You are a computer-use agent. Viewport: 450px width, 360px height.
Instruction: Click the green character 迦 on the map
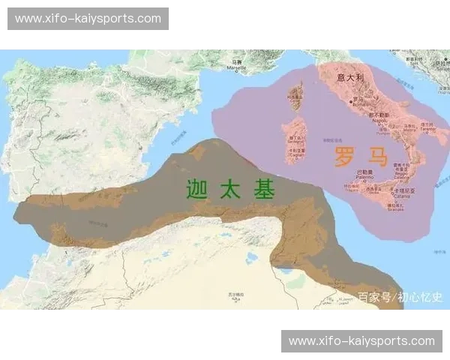coord(196,189)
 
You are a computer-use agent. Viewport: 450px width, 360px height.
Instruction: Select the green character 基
coord(263,189)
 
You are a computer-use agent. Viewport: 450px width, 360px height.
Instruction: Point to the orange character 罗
coord(344,157)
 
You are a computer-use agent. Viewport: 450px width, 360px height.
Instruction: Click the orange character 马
coord(376,157)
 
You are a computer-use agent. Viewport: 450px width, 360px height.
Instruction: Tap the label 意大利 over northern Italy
coord(350,77)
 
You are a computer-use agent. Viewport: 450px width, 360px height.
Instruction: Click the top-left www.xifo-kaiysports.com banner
coord(88,19)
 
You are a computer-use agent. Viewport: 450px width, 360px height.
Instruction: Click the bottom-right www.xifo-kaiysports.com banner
coord(361,340)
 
